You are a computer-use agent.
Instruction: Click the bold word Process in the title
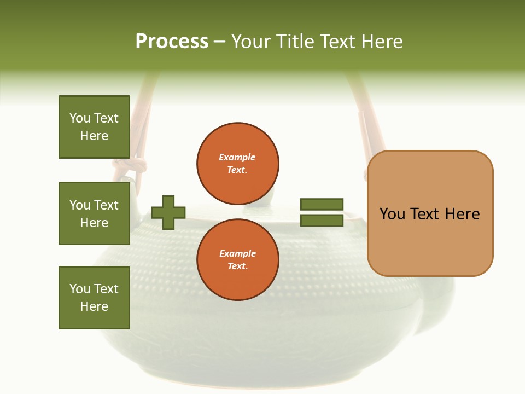coord(172,42)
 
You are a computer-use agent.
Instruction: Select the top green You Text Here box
coord(94,127)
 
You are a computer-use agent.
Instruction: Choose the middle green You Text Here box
coord(94,213)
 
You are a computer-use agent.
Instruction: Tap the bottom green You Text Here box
coord(94,298)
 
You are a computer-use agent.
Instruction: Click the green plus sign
coord(168,212)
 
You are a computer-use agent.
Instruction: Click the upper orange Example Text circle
coord(238,163)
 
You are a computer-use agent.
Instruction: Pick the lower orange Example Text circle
coord(238,259)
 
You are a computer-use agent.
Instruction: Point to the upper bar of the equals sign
coord(322,204)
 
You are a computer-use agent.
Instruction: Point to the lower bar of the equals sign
coord(322,221)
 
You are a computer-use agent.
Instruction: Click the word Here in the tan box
coord(462,214)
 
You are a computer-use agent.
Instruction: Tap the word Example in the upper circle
coord(237,157)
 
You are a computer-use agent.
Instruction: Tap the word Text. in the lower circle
coord(237,266)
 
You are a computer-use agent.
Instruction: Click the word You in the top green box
coord(80,118)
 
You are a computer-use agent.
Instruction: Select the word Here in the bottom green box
coord(94,307)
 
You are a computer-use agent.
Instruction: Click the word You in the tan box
coord(393,214)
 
